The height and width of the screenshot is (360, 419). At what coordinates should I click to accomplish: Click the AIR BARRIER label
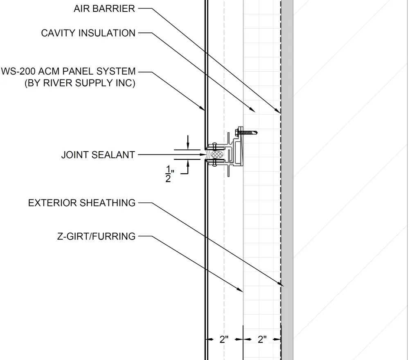[x=104, y=9]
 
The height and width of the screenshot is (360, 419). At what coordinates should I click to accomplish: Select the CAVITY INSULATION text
[x=88, y=33]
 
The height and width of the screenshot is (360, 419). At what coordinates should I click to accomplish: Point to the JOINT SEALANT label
[x=98, y=155]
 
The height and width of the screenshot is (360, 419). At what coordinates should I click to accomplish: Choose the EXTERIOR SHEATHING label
[x=81, y=203]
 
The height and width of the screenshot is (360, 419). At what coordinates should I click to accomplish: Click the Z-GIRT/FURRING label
[x=96, y=236]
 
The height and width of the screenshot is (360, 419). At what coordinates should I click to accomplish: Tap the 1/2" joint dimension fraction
[x=169, y=175]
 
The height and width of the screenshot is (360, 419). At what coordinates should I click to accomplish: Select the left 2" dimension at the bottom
[x=224, y=339]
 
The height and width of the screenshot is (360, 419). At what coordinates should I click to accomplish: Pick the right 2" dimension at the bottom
[x=262, y=339]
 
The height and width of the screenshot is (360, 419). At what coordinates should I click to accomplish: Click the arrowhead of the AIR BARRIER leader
[x=279, y=111]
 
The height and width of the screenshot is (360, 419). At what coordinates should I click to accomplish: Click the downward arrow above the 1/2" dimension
[x=188, y=145]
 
